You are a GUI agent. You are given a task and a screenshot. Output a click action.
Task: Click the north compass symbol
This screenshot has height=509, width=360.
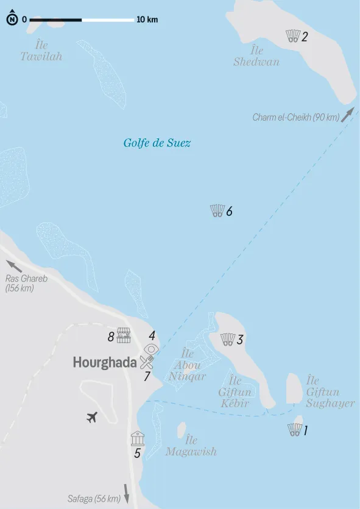(12, 20)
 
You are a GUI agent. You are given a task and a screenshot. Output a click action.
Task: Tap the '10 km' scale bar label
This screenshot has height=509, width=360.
(147, 20)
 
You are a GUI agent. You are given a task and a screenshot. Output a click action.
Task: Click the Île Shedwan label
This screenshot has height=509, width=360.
(256, 56)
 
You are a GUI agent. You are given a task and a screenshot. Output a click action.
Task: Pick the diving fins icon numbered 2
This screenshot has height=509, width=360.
(293, 36)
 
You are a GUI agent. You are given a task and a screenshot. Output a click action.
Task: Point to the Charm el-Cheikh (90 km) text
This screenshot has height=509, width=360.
(296, 118)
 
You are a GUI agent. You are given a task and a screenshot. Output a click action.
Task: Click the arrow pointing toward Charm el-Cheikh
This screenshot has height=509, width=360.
(347, 114)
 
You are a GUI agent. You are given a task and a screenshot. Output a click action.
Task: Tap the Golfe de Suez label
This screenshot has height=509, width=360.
(157, 143)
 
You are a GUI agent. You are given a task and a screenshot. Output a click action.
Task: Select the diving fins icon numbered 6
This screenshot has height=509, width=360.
(217, 212)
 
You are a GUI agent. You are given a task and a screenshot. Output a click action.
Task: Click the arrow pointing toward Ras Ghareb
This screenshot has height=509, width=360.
(15, 266)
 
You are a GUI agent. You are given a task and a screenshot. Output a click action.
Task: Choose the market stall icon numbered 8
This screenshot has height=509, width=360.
(124, 335)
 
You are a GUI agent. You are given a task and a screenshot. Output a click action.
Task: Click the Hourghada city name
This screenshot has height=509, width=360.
(105, 363)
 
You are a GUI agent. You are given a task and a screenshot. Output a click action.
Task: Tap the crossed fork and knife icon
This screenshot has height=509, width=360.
(146, 361)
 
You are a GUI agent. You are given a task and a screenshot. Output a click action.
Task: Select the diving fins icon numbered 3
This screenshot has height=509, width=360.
(228, 340)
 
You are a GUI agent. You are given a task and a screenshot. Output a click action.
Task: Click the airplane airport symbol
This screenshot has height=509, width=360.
(92, 418)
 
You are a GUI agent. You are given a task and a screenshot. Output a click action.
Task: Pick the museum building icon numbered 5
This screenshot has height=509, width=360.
(137, 438)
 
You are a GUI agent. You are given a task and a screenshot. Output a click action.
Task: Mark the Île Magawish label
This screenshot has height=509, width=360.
(191, 446)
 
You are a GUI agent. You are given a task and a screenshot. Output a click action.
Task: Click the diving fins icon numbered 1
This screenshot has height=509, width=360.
(294, 430)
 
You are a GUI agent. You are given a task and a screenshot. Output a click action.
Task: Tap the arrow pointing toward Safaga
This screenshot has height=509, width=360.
(127, 493)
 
